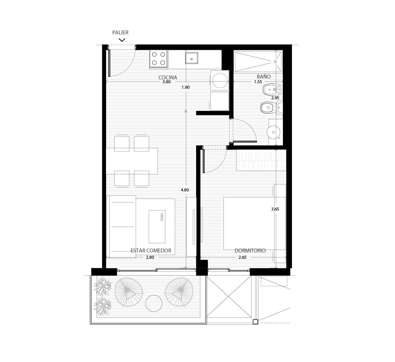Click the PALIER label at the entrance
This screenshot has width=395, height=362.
click(x=120, y=32)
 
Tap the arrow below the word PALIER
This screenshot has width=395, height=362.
click(x=122, y=40)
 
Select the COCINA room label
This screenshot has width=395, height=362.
click(x=168, y=77)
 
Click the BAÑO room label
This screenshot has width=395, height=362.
click(x=264, y=77)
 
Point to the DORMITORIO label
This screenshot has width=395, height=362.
click(x=250, y=250)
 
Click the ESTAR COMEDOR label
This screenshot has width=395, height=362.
click(x=151, y=250)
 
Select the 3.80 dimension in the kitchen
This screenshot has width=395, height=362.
click(x=166, y=82)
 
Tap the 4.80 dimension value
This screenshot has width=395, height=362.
click(x=185, y=190)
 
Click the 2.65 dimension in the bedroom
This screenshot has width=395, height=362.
click(x=242, y=257)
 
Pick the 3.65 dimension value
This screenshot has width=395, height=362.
click(x=275, y=209)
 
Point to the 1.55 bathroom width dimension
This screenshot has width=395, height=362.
click(x=258, y=82)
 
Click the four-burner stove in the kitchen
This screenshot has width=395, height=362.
click(x=158, y=59)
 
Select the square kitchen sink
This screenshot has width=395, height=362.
click(x=192, y=58)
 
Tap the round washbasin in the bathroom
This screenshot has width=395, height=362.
click(x=273, y=132)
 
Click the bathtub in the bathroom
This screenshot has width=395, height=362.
click(x=258, y=61)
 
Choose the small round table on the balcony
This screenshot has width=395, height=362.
click(x=154, y=303)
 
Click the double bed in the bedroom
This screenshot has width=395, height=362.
click(x=255, y=224)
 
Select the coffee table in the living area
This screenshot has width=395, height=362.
click(x=157, y=227)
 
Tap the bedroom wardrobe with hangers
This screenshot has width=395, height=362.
click(x=261, y=160)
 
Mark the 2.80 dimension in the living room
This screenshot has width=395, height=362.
click(x=150, y=257)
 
